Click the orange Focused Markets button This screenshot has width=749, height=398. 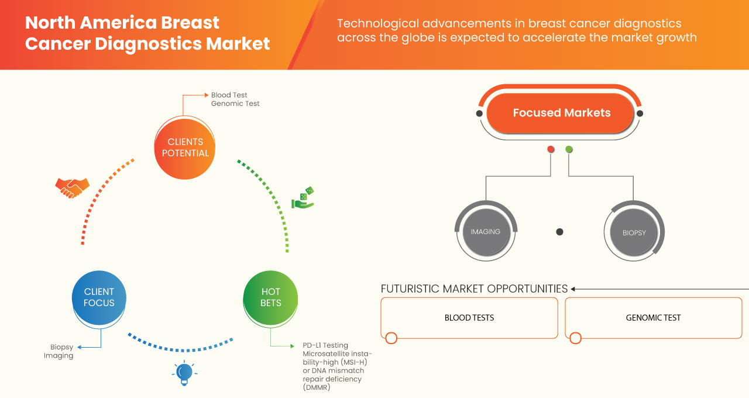[x=561, y=113]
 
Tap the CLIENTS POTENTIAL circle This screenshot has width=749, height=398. [x=185, y=147]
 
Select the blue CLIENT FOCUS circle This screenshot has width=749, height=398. [x=99, y=297]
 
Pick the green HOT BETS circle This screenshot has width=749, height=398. [x=270, y=297]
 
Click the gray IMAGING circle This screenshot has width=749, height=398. [x=485, y=232]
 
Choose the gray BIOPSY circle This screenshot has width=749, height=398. [x=634, y=232]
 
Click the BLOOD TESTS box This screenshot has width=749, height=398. [x=469, y=318]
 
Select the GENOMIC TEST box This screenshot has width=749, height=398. [x=653, y=318]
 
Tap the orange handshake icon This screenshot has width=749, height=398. [x=72, y=188]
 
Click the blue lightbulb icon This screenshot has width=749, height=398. [x=184, y=373]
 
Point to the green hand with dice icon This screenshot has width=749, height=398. [x=303, y=198]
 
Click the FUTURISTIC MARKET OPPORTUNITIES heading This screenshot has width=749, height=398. [x=474, y=289]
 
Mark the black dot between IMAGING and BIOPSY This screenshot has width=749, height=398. [x=559, y=232]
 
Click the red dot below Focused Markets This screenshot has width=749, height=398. [x=551, y=150]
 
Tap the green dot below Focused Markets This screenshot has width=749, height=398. [x=569, y=150]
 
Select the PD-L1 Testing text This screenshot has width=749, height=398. [x=325, y=345]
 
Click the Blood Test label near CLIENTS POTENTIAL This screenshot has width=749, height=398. [x=229, y=95]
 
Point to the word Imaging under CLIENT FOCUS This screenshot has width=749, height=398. [x=59, y=355]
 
